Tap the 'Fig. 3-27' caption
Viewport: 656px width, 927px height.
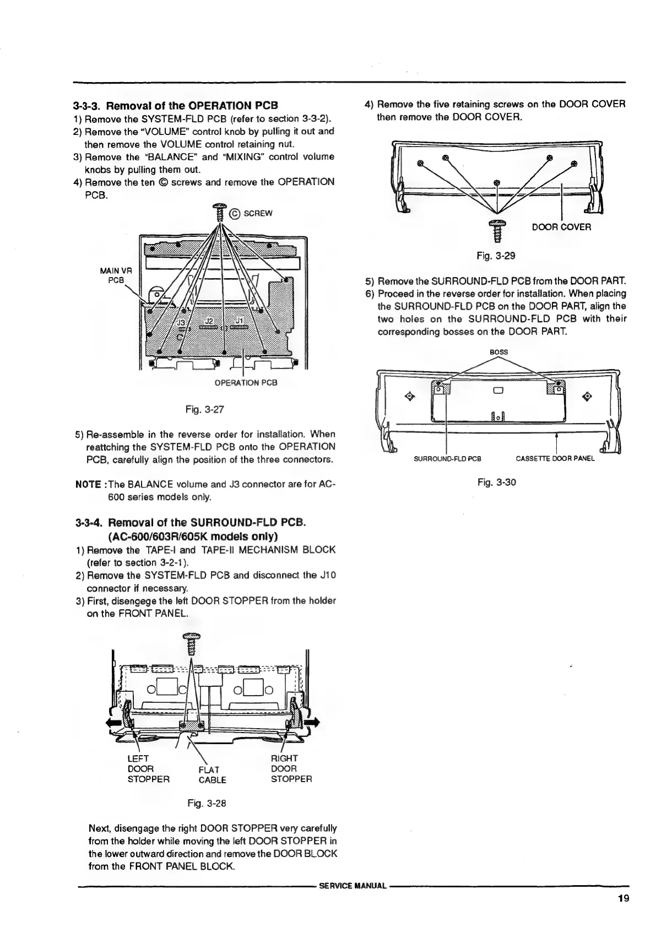(x=203, y=409)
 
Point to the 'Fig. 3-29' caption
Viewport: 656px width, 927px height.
(x=496, y=256)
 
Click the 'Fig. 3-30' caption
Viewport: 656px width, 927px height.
(x=496, y=483)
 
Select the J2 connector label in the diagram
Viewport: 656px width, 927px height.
(x=209, y=321)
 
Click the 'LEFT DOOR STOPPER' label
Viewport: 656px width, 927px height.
(x=148, y=769)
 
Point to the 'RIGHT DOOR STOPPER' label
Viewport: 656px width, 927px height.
(x=291, y=769)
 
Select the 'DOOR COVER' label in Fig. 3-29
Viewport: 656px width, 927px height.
(x=561, y=227)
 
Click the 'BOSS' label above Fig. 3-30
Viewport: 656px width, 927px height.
(x=498, y=351)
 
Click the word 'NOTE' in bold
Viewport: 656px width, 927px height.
(x=87, y=485)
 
